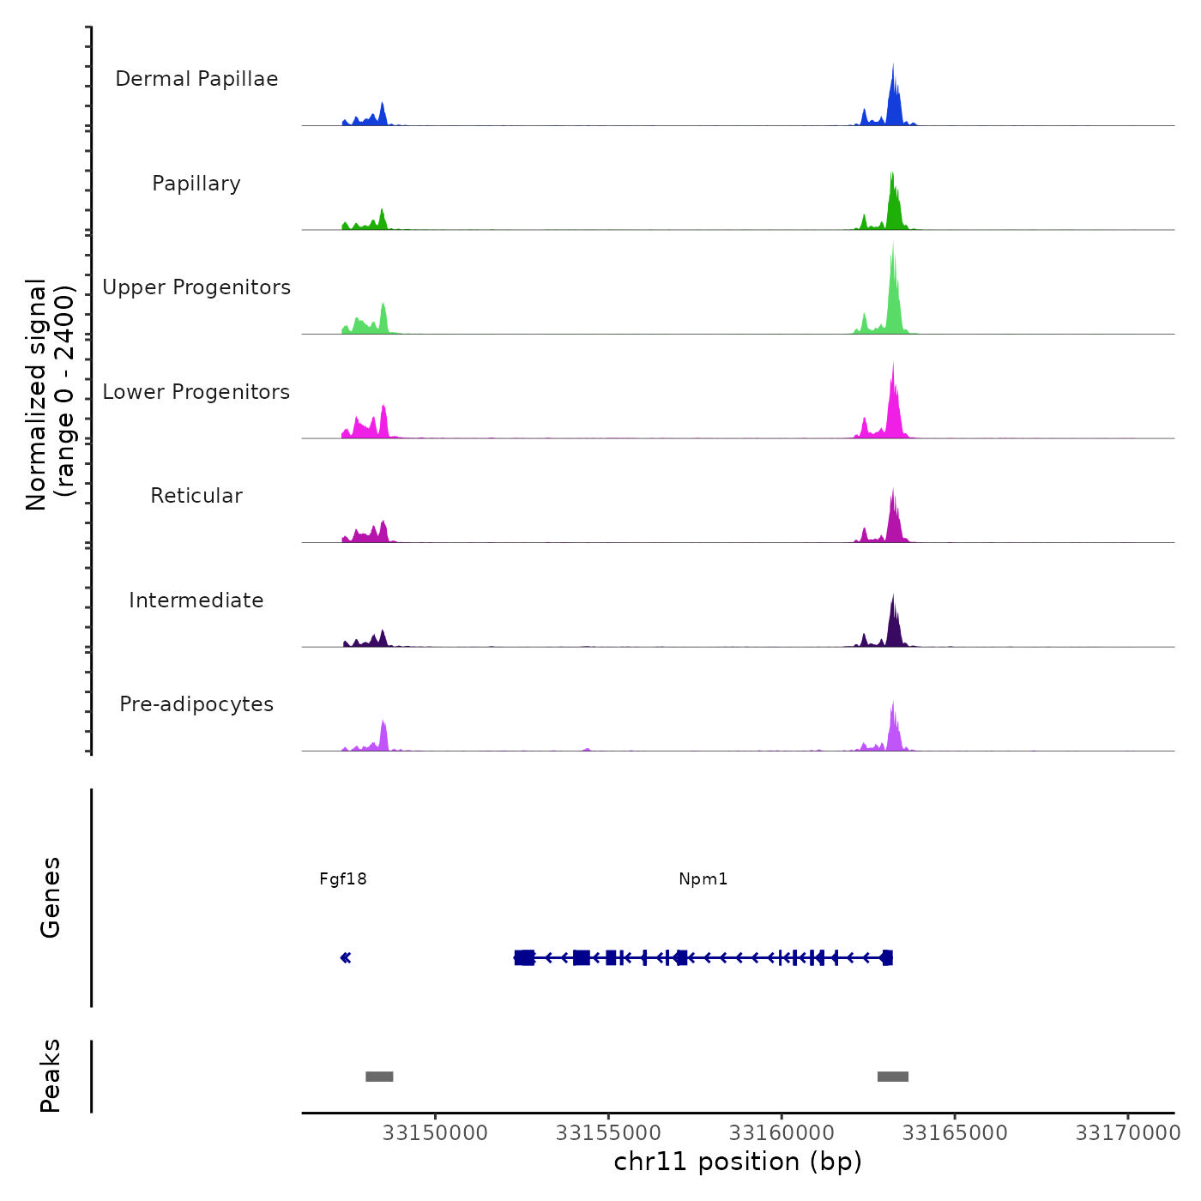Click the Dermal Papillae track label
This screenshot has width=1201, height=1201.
click(x=196, y=79)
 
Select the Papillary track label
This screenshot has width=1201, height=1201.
click(x=196, y=184)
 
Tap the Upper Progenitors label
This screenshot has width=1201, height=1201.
click(x=196, y=287)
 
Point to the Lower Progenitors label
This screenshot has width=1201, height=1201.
click(x=196, y=392)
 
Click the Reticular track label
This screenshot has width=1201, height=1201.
click(x=196, y=496)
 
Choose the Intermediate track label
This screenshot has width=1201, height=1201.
click(x=196, y=600)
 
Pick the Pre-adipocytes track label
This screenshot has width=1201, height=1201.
click(x=196, y=704)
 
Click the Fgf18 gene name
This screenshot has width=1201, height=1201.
click(x=343, y=879)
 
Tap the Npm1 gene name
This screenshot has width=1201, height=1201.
click(x=703, y=879)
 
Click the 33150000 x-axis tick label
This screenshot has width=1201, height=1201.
click(x=435, y=1133)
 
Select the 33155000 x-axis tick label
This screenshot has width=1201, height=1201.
click(x=608, y=1133)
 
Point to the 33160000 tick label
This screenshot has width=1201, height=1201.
click(x=782, y=1133)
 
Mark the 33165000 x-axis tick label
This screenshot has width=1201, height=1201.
click(x=955, y=1133)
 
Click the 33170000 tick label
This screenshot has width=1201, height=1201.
click(x=1128, y=1133)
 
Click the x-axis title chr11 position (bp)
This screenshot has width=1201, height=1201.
click(x=738, y=1162)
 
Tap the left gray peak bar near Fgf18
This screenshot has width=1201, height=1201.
click(x=379, y=1077)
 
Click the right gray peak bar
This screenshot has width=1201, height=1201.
click(x=893, y=1077)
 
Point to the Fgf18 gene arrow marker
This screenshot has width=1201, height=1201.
click(x=346, y=958)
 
